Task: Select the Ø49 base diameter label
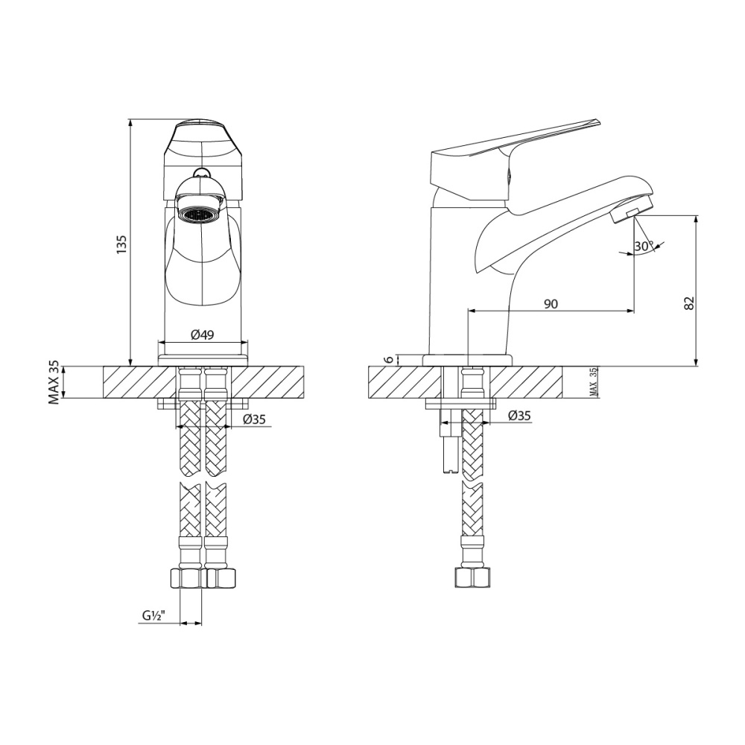(x=202, y=335)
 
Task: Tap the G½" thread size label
(x=153, y=616)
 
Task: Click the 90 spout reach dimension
(x=551, y=303)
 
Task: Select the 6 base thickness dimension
(x=387, y=359)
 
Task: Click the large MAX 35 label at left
(x=54, y=382)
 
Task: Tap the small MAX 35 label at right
(x=594, y=381)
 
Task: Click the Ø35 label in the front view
(x=255, y=419)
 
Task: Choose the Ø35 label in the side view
(x=519, y=416)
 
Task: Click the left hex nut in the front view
(x=187, y=577)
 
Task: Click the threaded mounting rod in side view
(x=448, y=447)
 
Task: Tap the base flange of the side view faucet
(x=467, y=360)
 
